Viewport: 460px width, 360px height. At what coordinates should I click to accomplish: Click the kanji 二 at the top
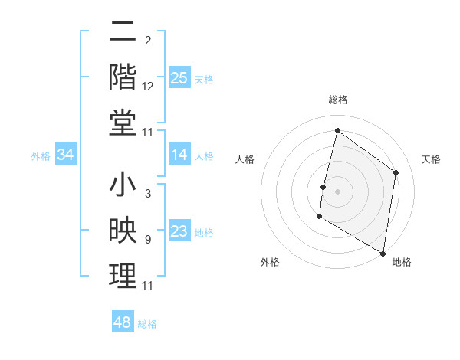[x=123, y=33]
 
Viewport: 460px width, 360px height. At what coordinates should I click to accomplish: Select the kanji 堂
[x=123, y=122]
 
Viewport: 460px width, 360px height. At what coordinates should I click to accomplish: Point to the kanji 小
[x=123, y=187]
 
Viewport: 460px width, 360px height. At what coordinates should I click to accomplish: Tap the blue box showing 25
[x=179, y=77]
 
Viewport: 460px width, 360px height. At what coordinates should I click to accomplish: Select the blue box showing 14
[x=179, y=155]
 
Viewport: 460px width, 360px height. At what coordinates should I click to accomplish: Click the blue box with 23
[x=179, y=232]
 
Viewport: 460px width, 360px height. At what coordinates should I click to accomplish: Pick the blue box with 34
[x=66, y=155]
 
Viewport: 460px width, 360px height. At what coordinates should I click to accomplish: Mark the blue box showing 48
[x=123, y=322]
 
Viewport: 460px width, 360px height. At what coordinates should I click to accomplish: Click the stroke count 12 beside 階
[x=148, y=87]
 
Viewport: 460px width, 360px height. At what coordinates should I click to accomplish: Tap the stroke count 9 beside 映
[x=147, y=240]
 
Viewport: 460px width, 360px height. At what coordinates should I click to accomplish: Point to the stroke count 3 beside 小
[x=147, y=195]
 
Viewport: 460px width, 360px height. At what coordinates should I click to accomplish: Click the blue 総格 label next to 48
[x=147, y=324]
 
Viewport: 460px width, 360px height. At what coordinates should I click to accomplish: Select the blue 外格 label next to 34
[x=41, y=156]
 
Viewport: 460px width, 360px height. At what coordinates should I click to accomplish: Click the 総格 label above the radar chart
[x=337, y=100]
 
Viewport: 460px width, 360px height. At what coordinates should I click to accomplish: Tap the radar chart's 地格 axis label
[x=402, y=262]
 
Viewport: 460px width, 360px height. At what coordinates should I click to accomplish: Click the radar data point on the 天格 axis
[x=396, y=172]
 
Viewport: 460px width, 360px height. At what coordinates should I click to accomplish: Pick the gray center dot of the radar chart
[x=337, y=191]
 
